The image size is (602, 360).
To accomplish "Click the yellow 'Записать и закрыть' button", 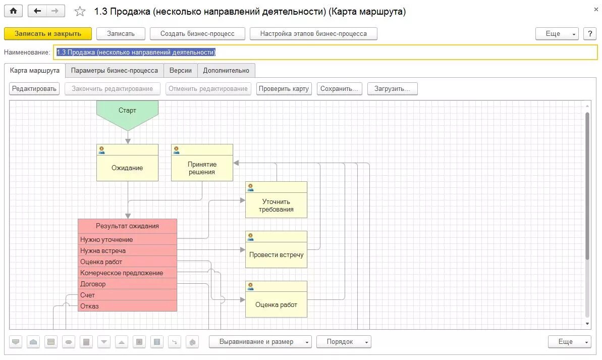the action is point(48,34).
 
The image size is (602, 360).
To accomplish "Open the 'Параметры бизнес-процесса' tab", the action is point(115,71).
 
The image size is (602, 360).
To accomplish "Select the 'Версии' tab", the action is point(180,71).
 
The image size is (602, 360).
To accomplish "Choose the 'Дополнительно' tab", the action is point(226,71).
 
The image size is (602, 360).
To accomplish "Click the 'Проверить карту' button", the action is point(284,89).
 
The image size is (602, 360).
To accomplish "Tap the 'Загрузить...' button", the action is point(392,89).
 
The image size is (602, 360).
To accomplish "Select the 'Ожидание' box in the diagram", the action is point(127,168).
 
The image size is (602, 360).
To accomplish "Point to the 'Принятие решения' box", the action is point(202,168).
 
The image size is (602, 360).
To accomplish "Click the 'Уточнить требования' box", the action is point(276,205).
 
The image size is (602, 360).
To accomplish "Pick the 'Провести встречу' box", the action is point(276,254).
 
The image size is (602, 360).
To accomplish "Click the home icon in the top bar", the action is point(13,11).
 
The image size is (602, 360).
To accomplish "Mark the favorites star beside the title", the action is point(80,12).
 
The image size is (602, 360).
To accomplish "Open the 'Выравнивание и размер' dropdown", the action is point(260,342).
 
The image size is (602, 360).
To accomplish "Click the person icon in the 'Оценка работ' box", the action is point(250,287).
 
